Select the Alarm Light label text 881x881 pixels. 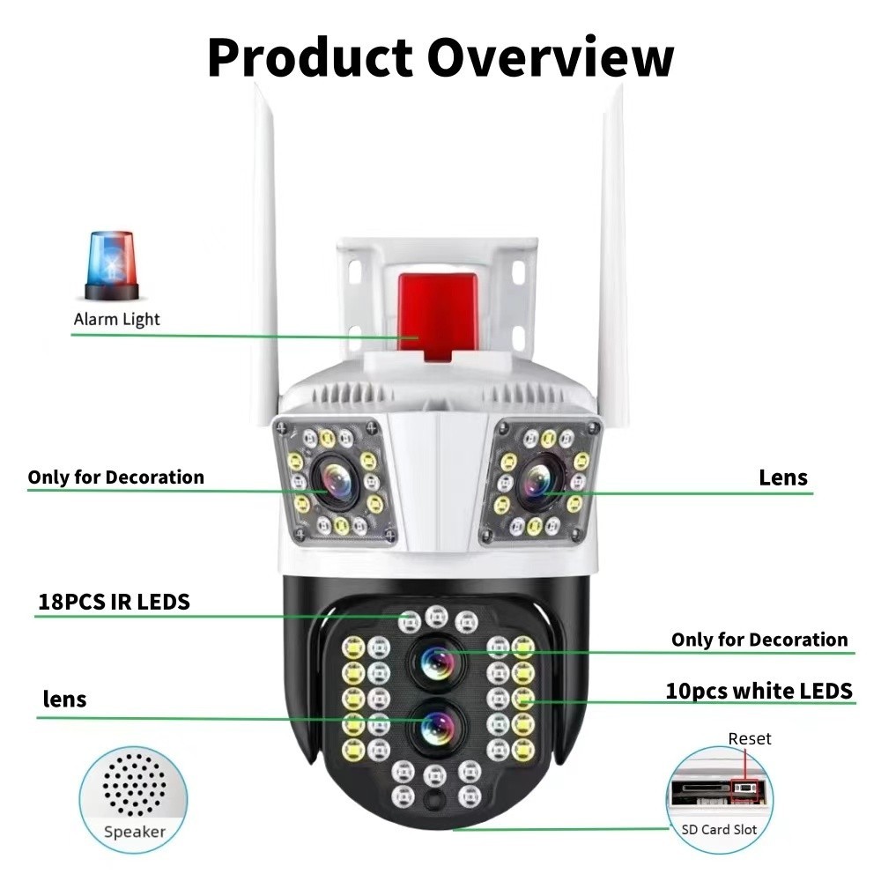116,319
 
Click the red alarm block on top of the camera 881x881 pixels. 437,315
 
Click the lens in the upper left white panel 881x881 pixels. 335,481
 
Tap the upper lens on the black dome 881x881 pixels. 438,660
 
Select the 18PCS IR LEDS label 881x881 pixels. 114,603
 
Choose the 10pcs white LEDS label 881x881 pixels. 759,691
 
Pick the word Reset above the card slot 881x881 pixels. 750,738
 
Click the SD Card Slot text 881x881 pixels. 719,829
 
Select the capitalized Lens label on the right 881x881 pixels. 782,478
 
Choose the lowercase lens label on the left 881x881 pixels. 65,700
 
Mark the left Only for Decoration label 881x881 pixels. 115,478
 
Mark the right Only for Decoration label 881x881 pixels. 759,640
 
